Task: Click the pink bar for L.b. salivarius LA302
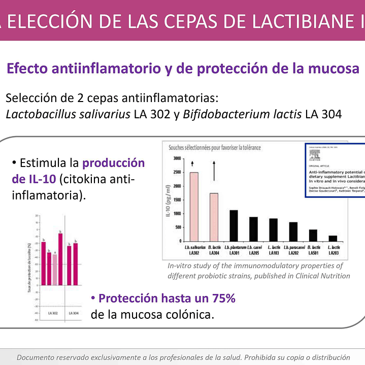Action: pyautogui.click(x=194, y=207)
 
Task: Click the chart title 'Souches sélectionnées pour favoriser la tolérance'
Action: pyautogui.click(x=215, y=147)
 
